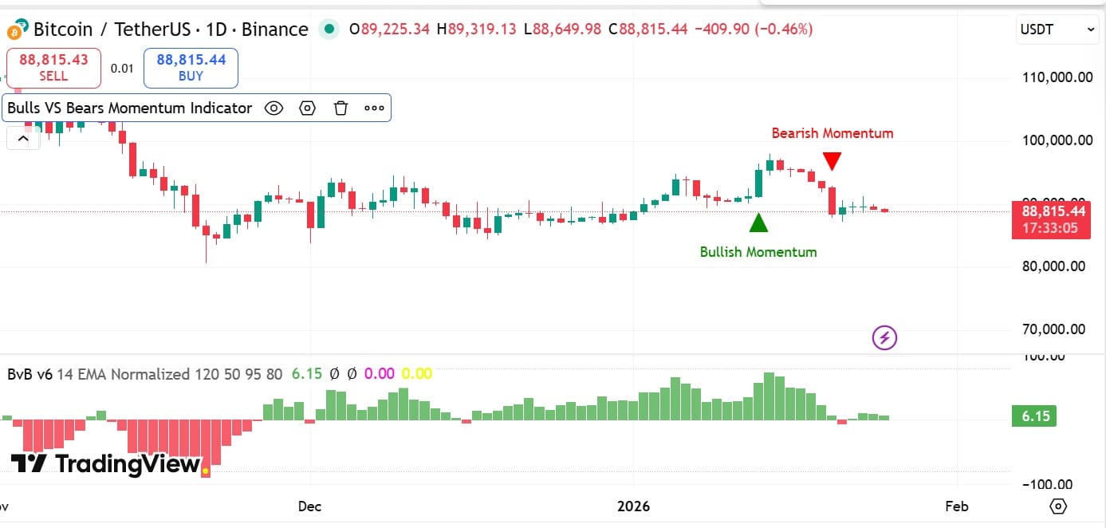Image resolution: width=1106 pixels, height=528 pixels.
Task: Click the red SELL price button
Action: pos(53,68)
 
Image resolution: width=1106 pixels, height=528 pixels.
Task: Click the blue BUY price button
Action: pos(191,68)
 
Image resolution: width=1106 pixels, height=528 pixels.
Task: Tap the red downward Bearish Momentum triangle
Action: pos(832,161)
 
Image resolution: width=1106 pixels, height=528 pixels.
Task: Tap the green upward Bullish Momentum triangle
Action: pos(758,223)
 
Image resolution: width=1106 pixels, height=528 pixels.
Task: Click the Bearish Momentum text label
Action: pos(832,133)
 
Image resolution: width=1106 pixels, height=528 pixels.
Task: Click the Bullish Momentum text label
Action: pos(758,252)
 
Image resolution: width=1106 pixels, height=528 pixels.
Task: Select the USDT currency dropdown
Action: pos(1057,30)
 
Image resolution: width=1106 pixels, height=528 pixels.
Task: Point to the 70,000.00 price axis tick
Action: pos(1053,329)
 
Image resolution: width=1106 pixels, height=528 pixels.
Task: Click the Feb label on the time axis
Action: pos(955,506)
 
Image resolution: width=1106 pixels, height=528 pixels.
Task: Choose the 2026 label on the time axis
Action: pos(634,506)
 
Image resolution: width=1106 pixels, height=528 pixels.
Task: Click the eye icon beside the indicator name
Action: pos(274,108)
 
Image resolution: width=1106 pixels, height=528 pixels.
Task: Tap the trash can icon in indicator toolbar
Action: pos(340,108)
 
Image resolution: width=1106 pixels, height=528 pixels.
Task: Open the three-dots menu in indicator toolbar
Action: pos(374,108)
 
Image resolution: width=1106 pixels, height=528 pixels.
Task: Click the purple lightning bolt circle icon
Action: pos(884,338)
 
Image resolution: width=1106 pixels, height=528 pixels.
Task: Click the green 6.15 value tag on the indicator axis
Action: pos(1033,416)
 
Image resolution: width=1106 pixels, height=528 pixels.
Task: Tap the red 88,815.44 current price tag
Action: pos(1050,219)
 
